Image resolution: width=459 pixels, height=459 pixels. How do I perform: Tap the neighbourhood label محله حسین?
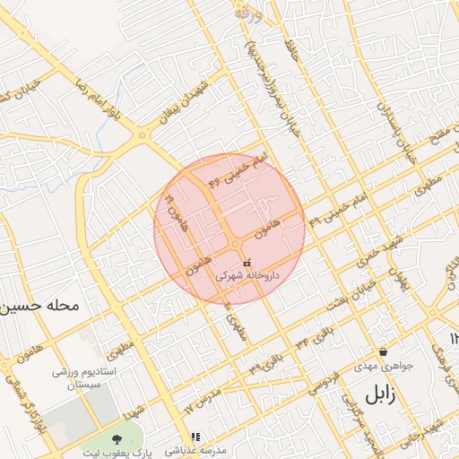click(40, 306)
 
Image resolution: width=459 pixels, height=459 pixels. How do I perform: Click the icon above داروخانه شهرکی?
click(247, 264)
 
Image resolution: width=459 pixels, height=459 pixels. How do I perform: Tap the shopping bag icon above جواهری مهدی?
click(384, 351)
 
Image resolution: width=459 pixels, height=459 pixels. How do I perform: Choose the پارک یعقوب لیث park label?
click(117, 450)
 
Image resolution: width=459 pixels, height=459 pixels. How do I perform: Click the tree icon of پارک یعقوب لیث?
click(117, 437)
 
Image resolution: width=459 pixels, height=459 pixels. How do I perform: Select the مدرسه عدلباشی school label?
click(195, 450)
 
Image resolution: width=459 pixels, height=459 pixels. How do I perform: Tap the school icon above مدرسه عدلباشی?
click(195, 437)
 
